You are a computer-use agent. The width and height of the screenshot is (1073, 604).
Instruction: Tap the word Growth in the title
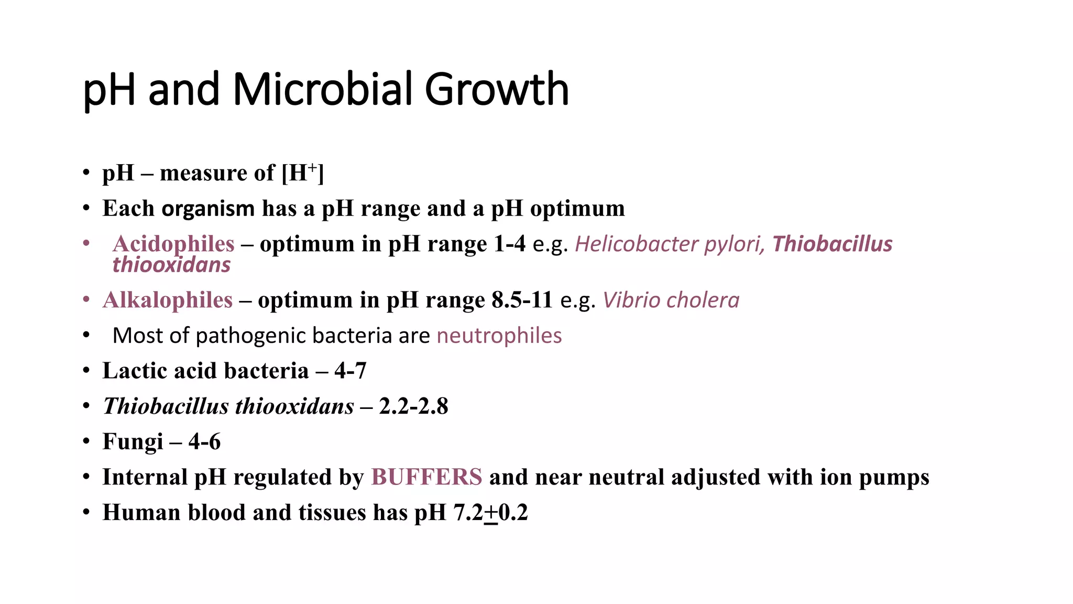pyautogui.click(x=496, y=89)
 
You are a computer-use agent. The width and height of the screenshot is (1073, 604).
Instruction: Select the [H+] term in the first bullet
pyautogui.click(x=303, y=173)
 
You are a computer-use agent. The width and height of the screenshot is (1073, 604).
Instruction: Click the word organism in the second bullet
pyautogui.click(x=208, y=209)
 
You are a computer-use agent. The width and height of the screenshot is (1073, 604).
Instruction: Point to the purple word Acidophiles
pyautogui.click(x=173, y=244)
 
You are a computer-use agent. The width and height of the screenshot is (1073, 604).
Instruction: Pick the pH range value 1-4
pyautogui.click(x=509, y=244)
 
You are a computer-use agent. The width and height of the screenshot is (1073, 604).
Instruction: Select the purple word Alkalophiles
pyautogui.click(x=168, y=300)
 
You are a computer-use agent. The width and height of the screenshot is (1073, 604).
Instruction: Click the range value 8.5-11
pyautogui.click(x=522, y=300)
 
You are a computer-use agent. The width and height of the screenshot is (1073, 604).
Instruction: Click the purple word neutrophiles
pyautogui.click(x=499, y=336)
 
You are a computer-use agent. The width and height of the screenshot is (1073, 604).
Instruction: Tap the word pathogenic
pyautogui.click(x=250, y=336)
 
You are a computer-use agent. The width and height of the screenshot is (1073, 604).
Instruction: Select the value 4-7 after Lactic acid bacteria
pyautogui.click(x=350, y=371)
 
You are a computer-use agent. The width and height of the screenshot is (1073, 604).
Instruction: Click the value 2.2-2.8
pyautogui.click(x=413, y=406)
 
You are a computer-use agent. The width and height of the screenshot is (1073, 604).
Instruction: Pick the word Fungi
pyautogui.click(x=133, y=441)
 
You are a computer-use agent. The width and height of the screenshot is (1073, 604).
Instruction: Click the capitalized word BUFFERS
pyautogui.click(x=426, y=477)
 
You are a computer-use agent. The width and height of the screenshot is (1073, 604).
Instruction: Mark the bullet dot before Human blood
pyautogui.click(x=86, y=512)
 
